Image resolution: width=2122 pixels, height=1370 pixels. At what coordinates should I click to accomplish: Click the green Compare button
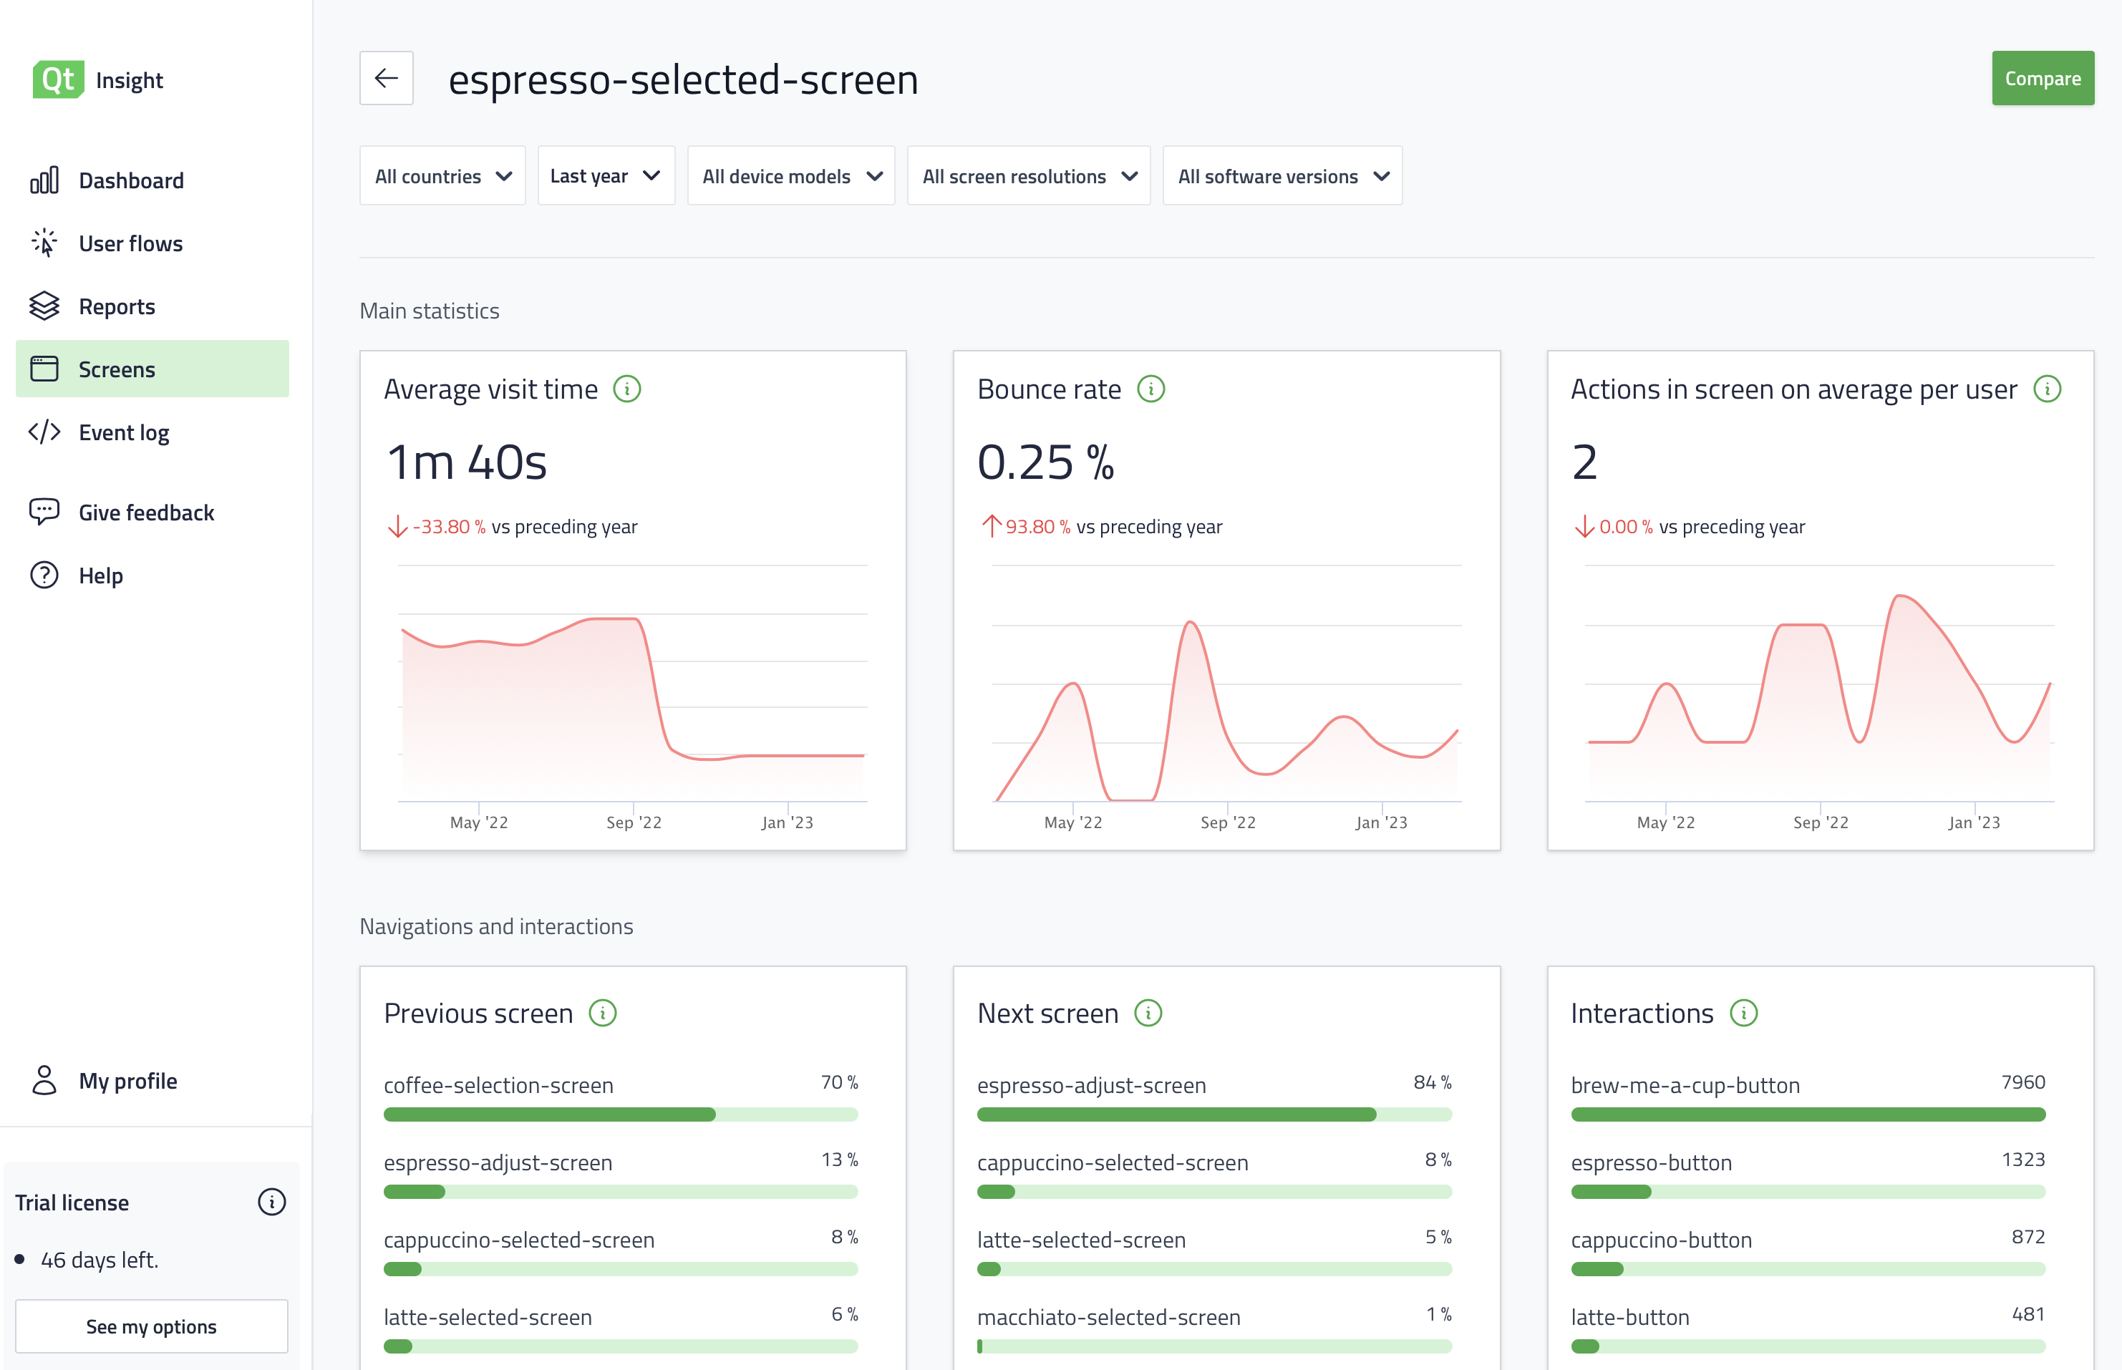pos(2042,78)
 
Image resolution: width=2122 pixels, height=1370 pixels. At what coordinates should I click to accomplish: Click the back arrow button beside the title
pos(386,78)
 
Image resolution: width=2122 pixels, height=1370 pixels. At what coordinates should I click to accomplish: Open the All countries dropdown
pos(442,176)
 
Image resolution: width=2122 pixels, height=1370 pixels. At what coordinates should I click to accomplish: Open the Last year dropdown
pos(605,176)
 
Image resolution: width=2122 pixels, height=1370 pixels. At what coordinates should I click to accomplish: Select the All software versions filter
pos(1282,176)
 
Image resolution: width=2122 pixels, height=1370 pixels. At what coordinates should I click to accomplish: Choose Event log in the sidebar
pos(124,432)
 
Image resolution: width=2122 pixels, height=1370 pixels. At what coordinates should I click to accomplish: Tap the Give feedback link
pos(146,512)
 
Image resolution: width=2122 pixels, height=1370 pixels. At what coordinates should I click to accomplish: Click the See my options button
pos(151,1326)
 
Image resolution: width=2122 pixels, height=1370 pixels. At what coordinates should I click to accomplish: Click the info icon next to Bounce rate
pos(1150,389)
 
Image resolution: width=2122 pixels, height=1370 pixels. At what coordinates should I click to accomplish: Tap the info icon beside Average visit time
pos(627,389)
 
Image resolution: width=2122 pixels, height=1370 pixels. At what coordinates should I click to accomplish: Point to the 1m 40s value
pos(466,462)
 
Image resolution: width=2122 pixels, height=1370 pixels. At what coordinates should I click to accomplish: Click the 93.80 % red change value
pos(1037,527)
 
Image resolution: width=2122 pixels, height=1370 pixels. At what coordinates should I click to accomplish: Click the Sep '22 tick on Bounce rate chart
pos(1228,822)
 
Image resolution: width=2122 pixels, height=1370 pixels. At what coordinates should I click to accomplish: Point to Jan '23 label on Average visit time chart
pos(787,822)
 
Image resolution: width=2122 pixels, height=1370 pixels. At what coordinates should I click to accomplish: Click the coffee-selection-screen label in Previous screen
pos(498,1085)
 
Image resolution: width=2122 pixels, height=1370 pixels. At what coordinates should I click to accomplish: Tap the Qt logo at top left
pos(58,80)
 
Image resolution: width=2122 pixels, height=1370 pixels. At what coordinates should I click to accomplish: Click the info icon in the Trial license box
pos(271,1202)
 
